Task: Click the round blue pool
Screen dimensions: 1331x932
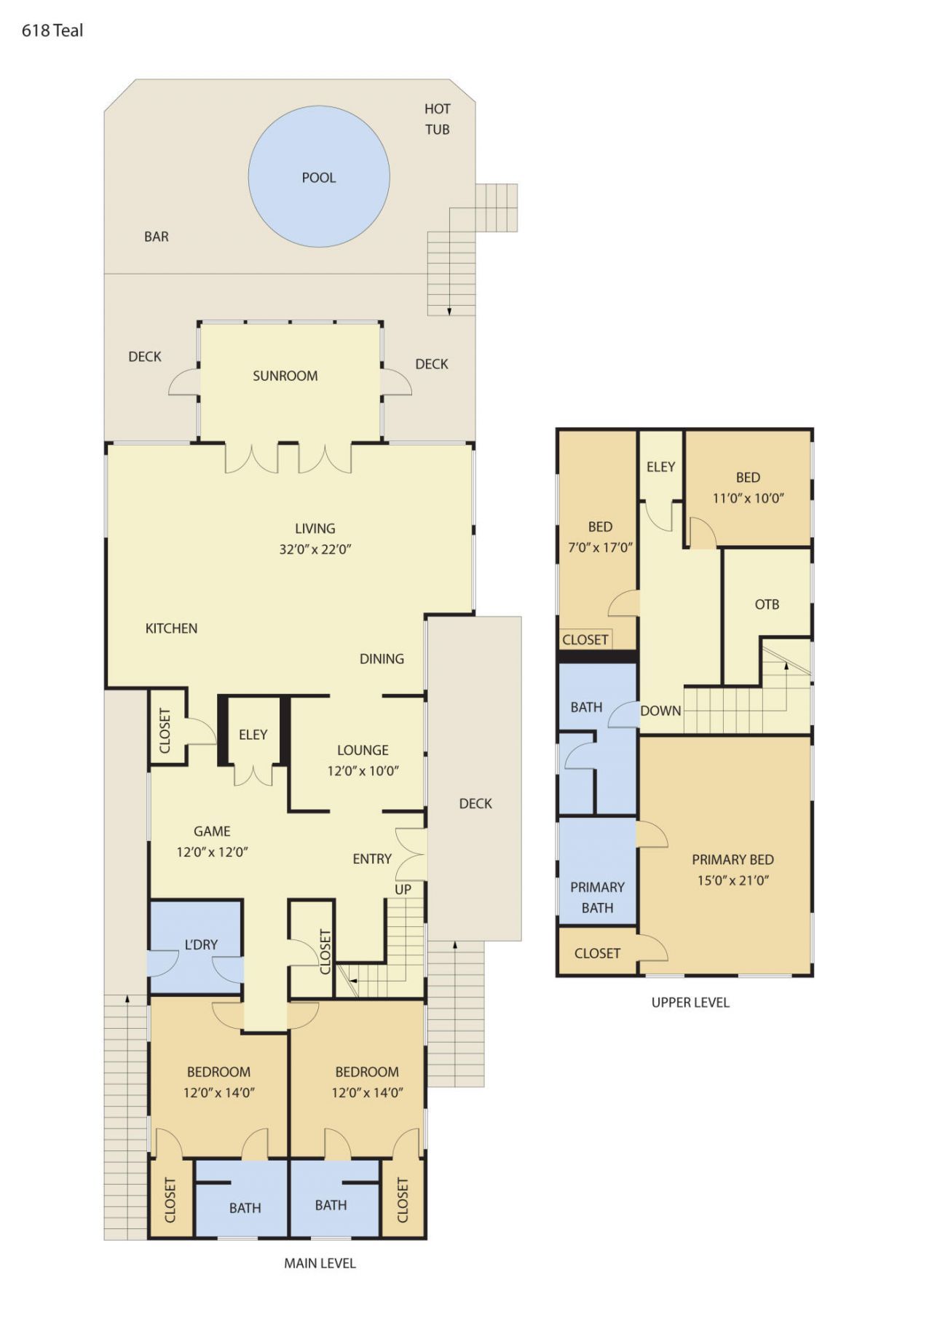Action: pyautogui.click(x=318, y=177)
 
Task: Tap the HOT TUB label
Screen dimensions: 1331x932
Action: pyautogui.click(x=437, y=119)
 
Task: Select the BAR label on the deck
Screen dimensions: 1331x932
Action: pyautogui.click(x=156, y=237)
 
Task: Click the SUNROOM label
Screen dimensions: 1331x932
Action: pyautogui.click(x=285, y=376)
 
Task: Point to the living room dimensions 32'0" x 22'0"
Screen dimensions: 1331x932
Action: pyautogui.click(x=315, y=550)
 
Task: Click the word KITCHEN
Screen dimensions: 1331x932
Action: pyautogui.click(x=171, y=628)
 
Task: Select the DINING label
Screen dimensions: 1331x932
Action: pyautogui.click(x=382, y=659)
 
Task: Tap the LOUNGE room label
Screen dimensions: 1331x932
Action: pyautogui.click(x=363, y=750)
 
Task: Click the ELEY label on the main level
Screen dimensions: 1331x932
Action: pyautogui.click(x=253, y=735)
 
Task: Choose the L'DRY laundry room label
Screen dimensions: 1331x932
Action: pyautogui.click(x=201, y=944)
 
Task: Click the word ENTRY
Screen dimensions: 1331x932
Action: pyautogui.click(x=372, y=859)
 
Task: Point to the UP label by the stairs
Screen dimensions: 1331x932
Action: pyautogui.click(x=403, y=889)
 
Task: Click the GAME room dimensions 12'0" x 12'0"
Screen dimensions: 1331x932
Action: pyautogui.click(x=212, y=852)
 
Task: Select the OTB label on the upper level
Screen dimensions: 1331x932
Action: pyautogui.click(x=767, y=604)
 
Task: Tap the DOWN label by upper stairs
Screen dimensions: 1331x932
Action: pyautogui.click(x=660, y=711)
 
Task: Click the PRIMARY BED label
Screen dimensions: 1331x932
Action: pyautogui.click(x=732, y=859)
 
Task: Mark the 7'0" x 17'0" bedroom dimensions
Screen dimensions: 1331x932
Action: pyautogui.click(x=600, y=548)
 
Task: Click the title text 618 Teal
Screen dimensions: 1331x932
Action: pyautogui.click(x=52, y=31)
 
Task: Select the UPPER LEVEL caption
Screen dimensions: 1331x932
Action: pyautogui.click(x=690, y=1003)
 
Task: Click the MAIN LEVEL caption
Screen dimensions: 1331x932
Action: pyautogui.click(x=320, y=1263)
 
